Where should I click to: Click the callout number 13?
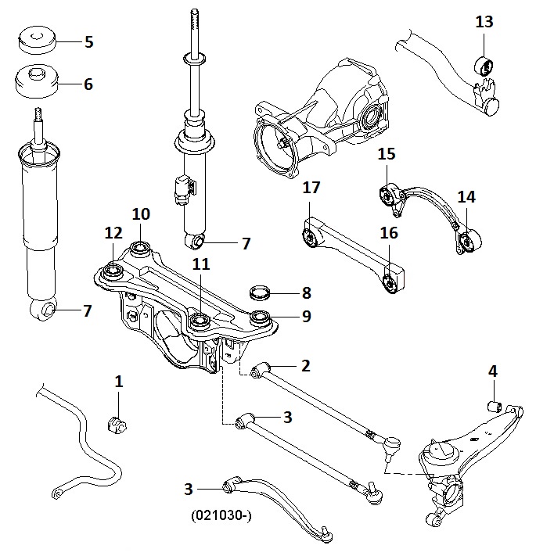coord(484,22)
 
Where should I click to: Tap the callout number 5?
coord(88,42)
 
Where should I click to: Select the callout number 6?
coord(88,84)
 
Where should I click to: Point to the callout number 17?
coord(312,188)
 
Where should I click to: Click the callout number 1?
coord(118,382)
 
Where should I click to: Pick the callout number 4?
coord(492,371)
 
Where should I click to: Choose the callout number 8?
coord(306,293)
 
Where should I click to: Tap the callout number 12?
coord(113,233)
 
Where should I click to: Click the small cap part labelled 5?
coord(34,40)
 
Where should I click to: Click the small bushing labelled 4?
coord(494,405)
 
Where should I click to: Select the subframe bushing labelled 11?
coord(200,320)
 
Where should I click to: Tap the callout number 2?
coord(305,364)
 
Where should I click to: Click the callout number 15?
coord(387,154)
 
